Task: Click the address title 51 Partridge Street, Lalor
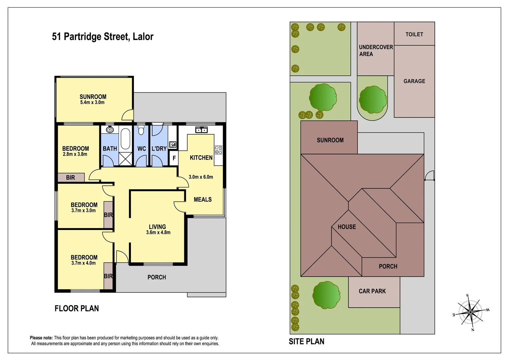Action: (103, 37)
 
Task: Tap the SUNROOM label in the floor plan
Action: (93, 97)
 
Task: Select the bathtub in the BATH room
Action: (125, 139)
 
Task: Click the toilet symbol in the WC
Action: (141, 130)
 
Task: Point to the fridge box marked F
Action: (174, 158)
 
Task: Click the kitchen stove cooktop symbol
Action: (219, 150)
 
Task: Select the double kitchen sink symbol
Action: (201, 130)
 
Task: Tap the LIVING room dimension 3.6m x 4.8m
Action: (158, 233)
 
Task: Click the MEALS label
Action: (203, 200)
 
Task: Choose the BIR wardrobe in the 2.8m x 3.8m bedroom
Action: (71, 178)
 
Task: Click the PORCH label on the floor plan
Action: (157, 277)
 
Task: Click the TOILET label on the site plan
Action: (414, 34)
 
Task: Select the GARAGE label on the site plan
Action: (414, 81)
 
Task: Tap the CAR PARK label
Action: (372, 291)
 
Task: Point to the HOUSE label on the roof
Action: (346, 227)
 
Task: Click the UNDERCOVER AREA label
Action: (375, 51)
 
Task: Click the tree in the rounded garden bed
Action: (372, 99)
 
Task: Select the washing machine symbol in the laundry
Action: (172, 145)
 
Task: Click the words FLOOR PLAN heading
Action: (77, 309)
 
